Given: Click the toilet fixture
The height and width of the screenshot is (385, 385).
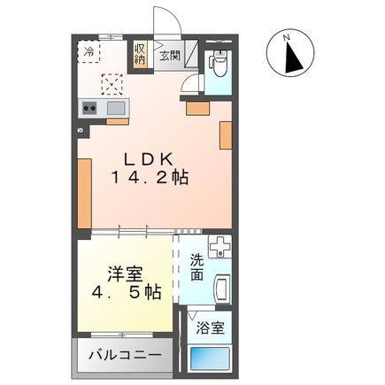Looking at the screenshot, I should [x=218, y=65].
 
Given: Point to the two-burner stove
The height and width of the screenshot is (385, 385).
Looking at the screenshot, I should [x=89, y=108].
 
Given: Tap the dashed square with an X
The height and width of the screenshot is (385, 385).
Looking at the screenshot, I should [x=113, y=84].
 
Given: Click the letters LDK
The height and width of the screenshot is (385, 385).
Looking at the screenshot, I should [x=147, y=159].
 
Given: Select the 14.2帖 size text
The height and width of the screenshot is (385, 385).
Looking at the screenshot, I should [x=149, y=176].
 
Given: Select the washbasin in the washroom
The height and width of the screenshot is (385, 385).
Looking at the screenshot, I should [x=222, y=289].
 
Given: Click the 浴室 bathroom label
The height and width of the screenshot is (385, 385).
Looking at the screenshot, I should [x=210, y=327].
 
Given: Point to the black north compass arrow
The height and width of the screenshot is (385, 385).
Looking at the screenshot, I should [x=293, y=58].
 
